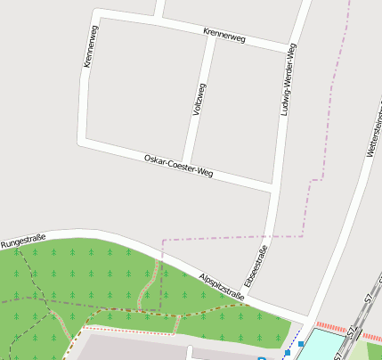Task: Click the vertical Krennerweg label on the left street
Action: click(x=89, y=46)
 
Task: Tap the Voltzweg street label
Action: click(x=199, y=100)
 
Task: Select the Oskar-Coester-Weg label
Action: click(x=178, y=165)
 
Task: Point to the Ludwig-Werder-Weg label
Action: click(x=286, y=80)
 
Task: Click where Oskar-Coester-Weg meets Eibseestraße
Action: click(x=271, y=188)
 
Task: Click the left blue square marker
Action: click(x=288, y=354)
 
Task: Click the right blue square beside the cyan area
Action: click(x=301, y=343)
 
